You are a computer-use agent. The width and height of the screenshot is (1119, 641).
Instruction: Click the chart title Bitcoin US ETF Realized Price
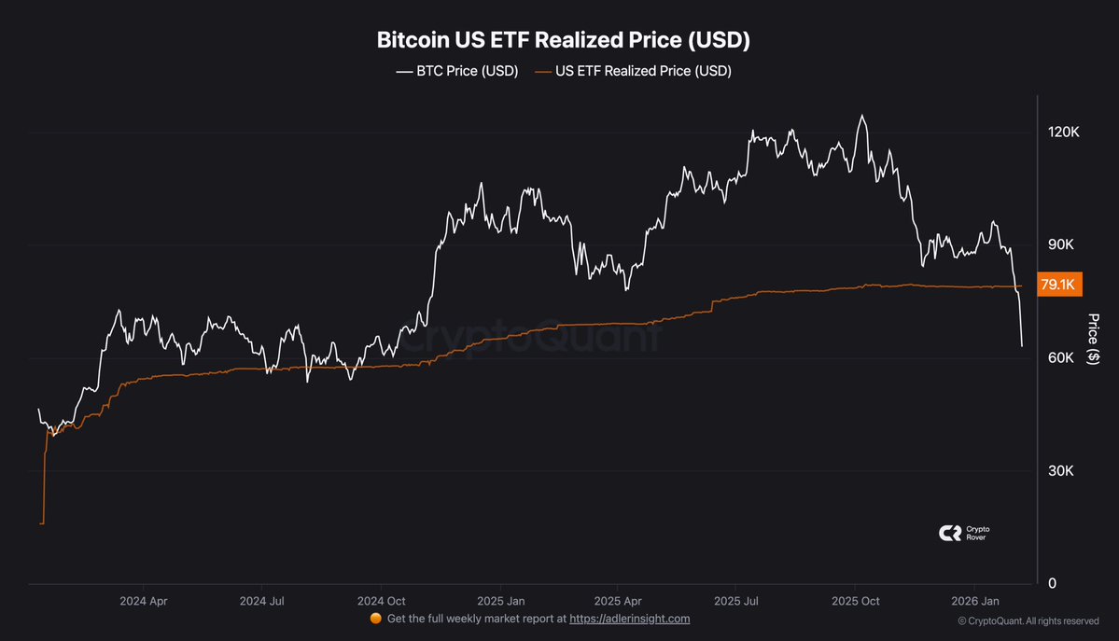pyautogui.click(x=563, y=40)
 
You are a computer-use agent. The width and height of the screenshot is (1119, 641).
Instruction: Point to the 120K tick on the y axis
pyautogui.click(x=1064, y=133)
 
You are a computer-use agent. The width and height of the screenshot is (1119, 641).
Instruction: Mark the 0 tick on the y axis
pyautogui.click(x=1053, y=584)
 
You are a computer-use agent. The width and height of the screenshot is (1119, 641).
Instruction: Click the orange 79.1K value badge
pyautogui.click(x=1058, y=285)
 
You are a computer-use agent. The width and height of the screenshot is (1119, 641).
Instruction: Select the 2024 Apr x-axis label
pyautogui.click(x=144, y=602)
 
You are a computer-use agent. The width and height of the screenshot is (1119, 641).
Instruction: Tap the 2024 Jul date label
pyautogui.click(x=262, y=602)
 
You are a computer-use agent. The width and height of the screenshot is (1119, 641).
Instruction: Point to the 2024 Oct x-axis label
pyautogui.click(x=380, y=602)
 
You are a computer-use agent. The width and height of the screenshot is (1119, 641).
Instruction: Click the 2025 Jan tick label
pyautogui.click(x=499, y=602)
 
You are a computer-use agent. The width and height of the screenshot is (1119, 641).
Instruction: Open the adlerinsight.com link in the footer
pyautogui.click(x=629, y=619)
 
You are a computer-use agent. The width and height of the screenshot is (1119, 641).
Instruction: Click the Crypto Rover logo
pyautogui.click(x=963, y=533)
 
